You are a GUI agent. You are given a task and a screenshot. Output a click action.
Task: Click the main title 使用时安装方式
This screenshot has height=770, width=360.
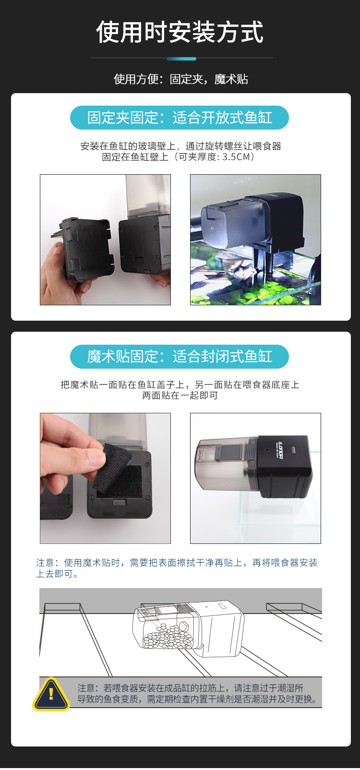[x=180, y=33]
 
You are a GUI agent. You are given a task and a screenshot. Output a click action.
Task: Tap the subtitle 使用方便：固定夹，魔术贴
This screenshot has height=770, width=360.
[x=180, y=79]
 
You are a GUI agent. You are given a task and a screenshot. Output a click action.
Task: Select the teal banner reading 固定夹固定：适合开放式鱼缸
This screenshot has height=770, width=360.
[x=180, y=118]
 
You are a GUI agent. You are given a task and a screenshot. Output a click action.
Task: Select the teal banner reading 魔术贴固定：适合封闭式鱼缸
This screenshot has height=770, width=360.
[x=180, y=357]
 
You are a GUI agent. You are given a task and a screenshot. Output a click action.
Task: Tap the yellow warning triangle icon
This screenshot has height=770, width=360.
[x=51, y=694]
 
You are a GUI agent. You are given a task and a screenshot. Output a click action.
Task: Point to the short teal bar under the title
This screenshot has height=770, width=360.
[x=181, y=59]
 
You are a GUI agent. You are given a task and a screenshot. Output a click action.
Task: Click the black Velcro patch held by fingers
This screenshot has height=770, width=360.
[x=114, y=467]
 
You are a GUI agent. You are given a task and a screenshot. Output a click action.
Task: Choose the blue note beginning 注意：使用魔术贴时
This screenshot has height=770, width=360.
[x=177, y=568]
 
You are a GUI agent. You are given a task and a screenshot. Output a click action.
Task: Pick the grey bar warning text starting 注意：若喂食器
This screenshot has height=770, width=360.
[x=197, y=694]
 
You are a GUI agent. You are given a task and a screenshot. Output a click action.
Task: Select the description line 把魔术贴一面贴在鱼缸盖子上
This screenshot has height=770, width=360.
[x=180, y=385]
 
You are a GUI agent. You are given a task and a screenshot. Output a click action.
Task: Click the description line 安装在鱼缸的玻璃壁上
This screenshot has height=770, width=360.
[x=180, y=146]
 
